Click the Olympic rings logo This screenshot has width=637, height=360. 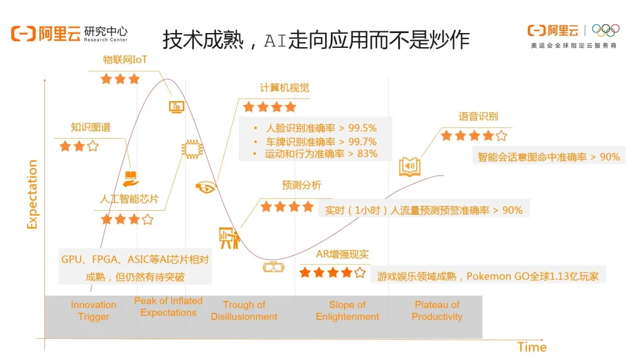(x=605, y=30)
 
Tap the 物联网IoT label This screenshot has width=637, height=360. (x=124, y=60)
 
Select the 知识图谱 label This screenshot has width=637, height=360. (x=91, y=127)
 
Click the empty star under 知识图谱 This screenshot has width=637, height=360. (x=93, y=146)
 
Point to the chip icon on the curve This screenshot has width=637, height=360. (x=192, y=149)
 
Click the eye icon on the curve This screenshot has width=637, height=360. (x=206, y=187)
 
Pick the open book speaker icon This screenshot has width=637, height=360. (x=409, y=166)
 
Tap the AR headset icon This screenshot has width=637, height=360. (x=274, y=267)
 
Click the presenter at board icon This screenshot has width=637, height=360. (x=229, y=238)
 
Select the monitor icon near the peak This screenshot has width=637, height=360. (x=177, y=107)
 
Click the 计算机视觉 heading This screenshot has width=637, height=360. (x=284, y=88)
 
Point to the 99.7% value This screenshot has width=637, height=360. (x=362, y=142)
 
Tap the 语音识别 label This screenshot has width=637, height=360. (x=478, y=117)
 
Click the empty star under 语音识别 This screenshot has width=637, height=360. (x=501, y=135)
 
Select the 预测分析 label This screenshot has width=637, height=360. (x=301, y=185)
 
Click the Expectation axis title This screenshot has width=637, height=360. (x=32, y=194)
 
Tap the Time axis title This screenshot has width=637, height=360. (x=532, y=347)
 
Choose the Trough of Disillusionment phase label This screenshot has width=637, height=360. (x=244, y=310)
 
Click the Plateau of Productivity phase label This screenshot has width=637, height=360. (x=436, y=310)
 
